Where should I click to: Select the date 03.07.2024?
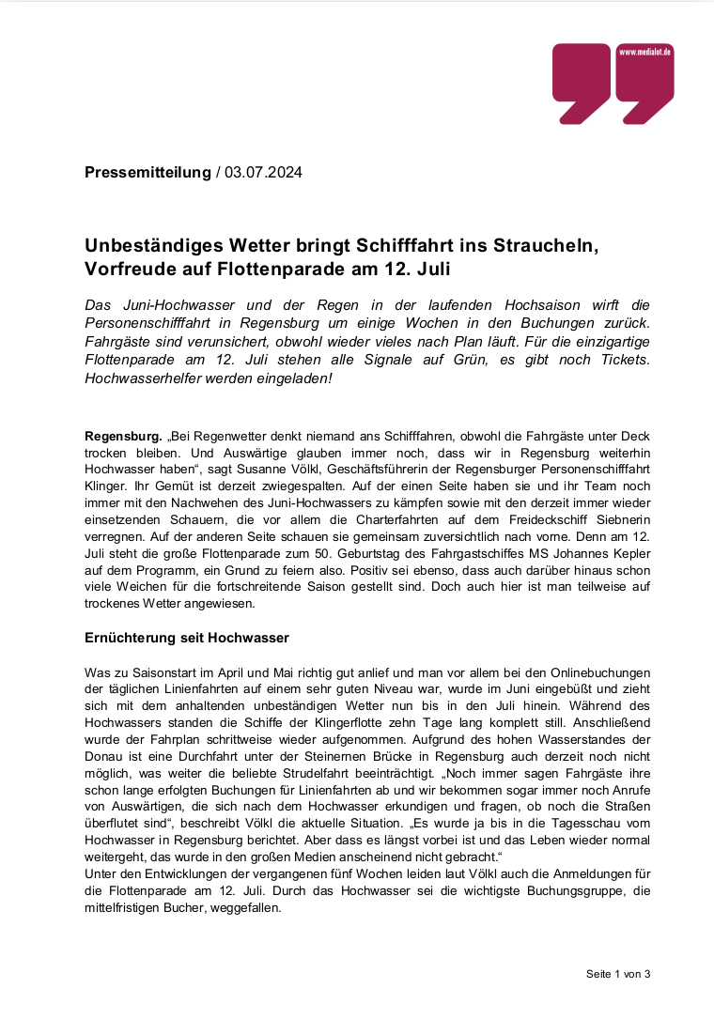(x=264, y=172)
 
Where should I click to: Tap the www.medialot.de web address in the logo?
(x=644, y=53)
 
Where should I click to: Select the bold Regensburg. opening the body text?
(x=123, y=438)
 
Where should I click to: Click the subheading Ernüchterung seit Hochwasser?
(x=187, y=638)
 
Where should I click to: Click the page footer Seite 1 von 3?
(x=618, y=973)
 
